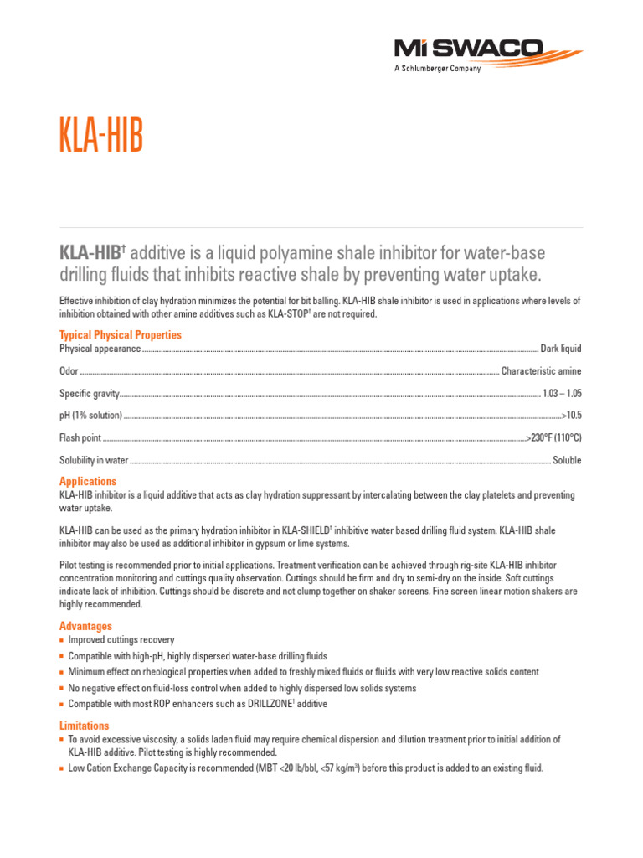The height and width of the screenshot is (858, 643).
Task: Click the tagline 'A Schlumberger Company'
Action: (437, 69)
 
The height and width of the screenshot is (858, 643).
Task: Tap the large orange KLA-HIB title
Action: (101, 137)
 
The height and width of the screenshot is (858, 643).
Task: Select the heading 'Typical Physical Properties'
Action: (120, 335)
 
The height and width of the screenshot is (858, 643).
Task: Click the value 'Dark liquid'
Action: (560, 349)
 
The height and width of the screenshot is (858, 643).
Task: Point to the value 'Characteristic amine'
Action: (541, 371)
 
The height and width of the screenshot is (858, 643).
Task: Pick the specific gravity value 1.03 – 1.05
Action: (562, 393)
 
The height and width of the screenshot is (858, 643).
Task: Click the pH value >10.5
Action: (572, 416)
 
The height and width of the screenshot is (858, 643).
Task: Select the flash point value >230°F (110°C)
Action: (553, 438)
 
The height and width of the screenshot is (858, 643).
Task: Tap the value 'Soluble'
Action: (567, 460)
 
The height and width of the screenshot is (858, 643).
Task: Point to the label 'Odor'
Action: (69, 371)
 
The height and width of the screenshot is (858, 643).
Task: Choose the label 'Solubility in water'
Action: (93, 460)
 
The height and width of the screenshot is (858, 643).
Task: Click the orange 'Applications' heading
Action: (88, 482)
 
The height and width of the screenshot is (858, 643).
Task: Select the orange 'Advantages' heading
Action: (85, 626)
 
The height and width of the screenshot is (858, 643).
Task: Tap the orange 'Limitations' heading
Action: (84, 726)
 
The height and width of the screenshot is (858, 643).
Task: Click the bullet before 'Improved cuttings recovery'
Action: (62, 640)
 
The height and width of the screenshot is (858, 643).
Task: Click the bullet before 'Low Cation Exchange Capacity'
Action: (62, 768)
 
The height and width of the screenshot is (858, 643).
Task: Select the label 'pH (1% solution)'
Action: (90, 416)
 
